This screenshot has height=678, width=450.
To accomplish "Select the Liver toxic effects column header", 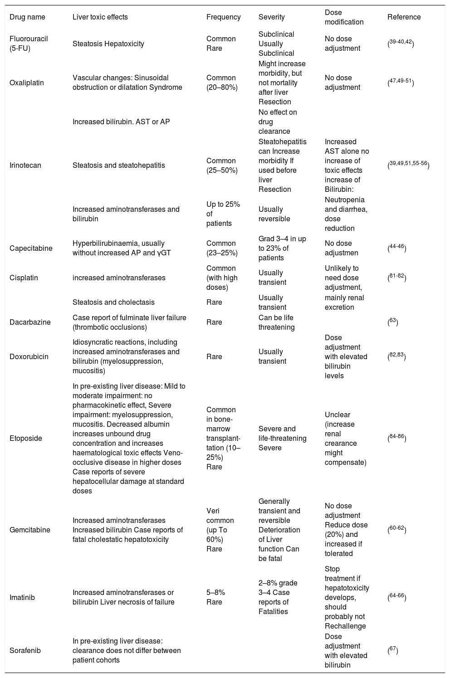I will tap(100, 17).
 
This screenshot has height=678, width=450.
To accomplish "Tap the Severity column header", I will tap(271, 17).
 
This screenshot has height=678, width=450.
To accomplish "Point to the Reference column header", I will tap(404, 17).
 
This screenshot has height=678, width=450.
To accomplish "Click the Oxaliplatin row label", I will tap(27, 83).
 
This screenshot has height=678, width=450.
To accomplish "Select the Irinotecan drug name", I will tap(25, 166).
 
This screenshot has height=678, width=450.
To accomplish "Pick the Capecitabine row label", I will tap(31, 249).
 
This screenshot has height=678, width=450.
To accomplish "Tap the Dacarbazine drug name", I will tap(30, 322).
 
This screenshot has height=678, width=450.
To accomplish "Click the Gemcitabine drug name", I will tap(30, 530).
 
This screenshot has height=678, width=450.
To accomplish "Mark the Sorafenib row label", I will tap(25, 651).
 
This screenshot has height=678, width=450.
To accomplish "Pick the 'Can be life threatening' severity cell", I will tap(276, 322).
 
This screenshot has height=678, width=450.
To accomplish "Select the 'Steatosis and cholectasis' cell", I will tap(113, 302).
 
